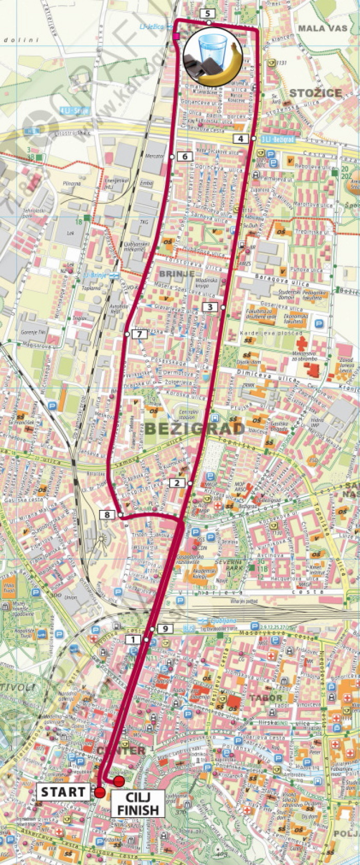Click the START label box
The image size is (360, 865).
(x=63, y=792)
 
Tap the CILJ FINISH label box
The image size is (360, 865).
(x=137, y=803)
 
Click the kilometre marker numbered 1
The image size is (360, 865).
(x=133, y=639)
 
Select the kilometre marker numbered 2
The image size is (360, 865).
(x=177, y=483)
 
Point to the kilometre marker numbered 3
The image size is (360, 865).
(x=209, y=307)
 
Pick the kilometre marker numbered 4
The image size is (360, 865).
(x=241, y=138)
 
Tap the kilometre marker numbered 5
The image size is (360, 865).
(x=207, y=13)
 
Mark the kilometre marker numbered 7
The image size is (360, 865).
(x=139, y=334)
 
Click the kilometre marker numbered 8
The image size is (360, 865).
(x=107, y=514)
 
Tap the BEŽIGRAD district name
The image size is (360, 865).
(x=194, y=428)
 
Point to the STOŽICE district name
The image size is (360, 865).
(x=315, y=93)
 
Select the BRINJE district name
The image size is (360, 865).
(x=177, y=274)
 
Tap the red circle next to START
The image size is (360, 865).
(x=100, y=792)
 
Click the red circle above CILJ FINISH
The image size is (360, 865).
(x=119, y=782)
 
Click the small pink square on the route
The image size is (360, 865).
(x=176, y=36)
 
